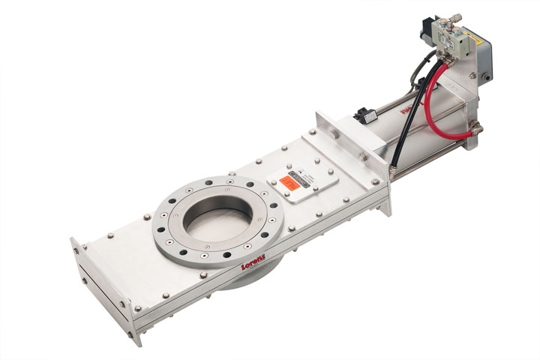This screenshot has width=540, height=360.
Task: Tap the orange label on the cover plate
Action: (287, 181)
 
